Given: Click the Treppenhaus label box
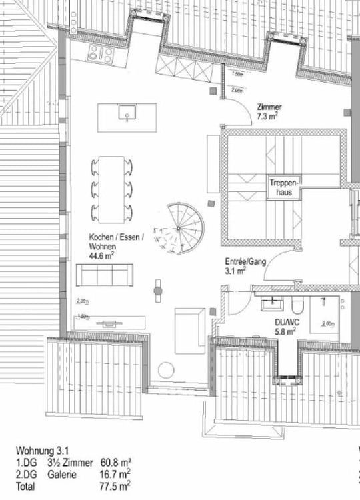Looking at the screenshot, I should pyautogui.click(x=286, y=185).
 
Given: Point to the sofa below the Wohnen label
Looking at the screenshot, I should pyautogui.click(x=103, y=273).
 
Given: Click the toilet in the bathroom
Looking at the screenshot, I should pyautogui.click(x=299, y=305).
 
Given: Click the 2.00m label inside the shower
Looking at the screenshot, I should pyautogui.click(x=328, y=323).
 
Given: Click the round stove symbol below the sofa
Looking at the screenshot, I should pyautogui.click(x=158, y=291).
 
